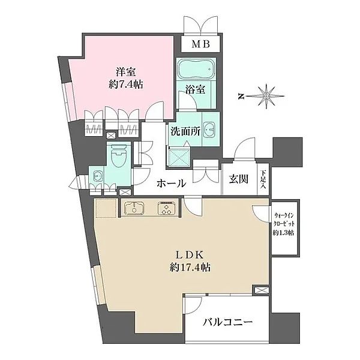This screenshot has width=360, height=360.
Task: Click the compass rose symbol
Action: pos(264,95)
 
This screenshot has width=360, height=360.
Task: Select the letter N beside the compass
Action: pos(239,95)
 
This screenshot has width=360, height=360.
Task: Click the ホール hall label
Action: pos(171,184)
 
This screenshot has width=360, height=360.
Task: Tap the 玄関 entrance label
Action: pos(238,179)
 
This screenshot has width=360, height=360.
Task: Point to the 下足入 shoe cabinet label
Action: pos(263,179)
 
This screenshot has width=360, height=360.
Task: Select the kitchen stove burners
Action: pos(166,209)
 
